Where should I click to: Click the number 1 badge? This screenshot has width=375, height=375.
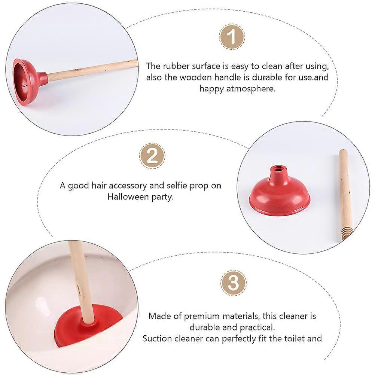[x=232, y=37]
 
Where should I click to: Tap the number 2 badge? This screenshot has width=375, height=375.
[x=152, y=156]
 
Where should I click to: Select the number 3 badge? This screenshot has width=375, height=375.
[x=234, y=283]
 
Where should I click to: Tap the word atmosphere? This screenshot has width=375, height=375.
[x=251, y=89]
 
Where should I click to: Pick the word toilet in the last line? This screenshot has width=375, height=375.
[x=293, y=339]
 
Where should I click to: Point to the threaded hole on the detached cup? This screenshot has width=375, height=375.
[x=278, y=169]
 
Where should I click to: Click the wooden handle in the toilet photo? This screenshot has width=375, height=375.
[x=81, y=282]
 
